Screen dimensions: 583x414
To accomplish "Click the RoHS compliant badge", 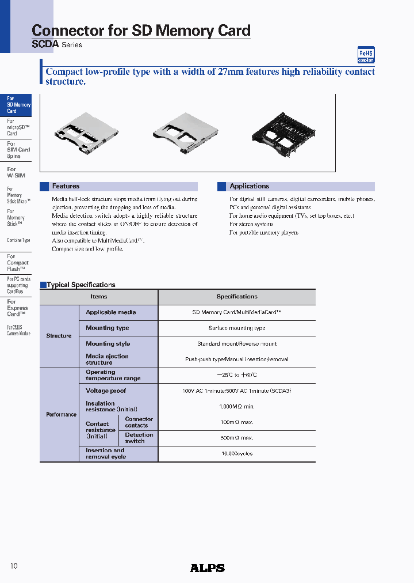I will pyautogui.click(x=366, y=55).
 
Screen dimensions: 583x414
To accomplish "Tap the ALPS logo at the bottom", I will pyautogui.click(x=207, y=568).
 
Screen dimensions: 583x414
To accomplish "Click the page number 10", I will pyautogui.click(x=14, y=566).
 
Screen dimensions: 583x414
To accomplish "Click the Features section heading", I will pyautogui.click(x=66, y=187).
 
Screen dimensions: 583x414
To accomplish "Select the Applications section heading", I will pyautogui.click(x=249, y=187).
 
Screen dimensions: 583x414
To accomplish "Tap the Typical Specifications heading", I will pyautogui.click(x=80, y=285).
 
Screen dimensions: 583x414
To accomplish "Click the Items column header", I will pyautogui.click(x=99, y=297).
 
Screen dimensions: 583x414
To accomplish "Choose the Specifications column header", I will pyautogui.click(x=237, y=297).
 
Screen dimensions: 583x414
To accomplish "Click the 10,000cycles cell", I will pyautogui.click(x=237, y=453).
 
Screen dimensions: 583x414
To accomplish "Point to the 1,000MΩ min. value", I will pyautogui.click(x=237, y=406).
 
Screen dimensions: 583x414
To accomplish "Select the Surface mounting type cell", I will pyautogui.click(x=237, y=328).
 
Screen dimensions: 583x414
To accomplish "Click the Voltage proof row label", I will pyautogui.click(x=106, y=391).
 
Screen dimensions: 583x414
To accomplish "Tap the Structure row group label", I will pyautogui.click(x=59, y=336).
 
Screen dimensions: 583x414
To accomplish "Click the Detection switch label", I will pyautogui.click(x=139, y=438).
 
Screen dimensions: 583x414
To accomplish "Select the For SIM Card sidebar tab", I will pyautogui.click(x=18, y=150).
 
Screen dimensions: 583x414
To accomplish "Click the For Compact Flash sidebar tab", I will pyautogui.click(x=17, y=263).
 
